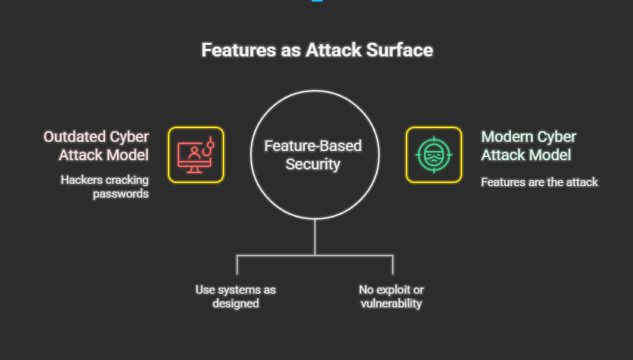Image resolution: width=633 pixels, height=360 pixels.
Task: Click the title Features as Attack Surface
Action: click(x=316, y=50)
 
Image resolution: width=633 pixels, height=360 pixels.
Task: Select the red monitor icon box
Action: click(x=196, y=154)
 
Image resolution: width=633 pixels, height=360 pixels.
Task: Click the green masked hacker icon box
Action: click(x=433, y=154)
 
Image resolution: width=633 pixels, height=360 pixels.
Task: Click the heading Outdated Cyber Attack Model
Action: click(x=96, y=145)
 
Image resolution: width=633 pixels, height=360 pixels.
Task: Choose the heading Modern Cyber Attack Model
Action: click(x=529, y=145)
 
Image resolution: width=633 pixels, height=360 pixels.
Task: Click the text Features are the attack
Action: click(x=539, y=182)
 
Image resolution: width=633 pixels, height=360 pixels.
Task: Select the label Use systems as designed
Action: click(x=236, y=297)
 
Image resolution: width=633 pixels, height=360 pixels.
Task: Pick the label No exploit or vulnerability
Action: click(x=391, y=297)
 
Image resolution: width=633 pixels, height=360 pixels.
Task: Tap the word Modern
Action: click(x=505, y=137)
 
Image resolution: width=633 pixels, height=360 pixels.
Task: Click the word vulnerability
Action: click(x=391, y=304)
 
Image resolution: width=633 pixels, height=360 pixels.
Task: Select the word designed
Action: click(x=236, y=304)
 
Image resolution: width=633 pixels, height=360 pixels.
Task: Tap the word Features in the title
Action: click(x=233, y=50)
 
